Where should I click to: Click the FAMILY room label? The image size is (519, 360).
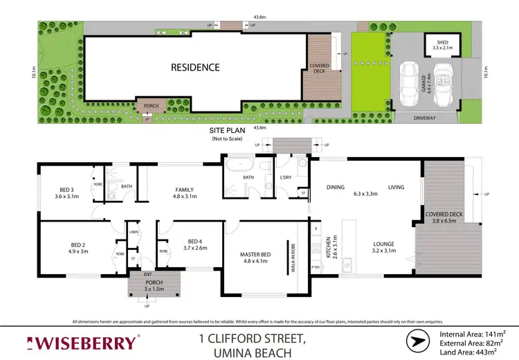tap(184, 190)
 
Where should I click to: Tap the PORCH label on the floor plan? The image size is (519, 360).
tap(154, 284)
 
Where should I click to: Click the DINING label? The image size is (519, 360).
tap(336, 187)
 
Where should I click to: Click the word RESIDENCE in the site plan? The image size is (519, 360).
tap(196, 67)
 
